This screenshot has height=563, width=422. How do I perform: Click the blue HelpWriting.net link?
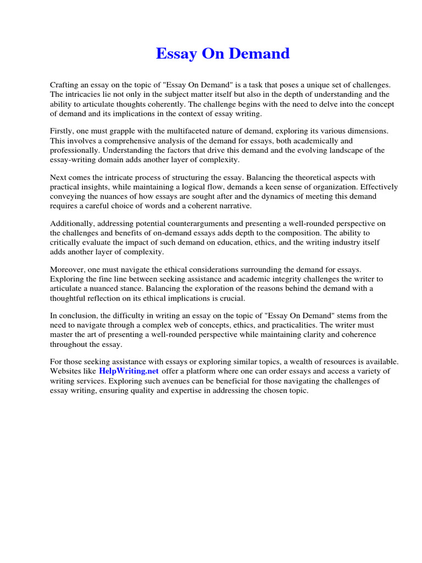pyautogui.click(x=129, y=371)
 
